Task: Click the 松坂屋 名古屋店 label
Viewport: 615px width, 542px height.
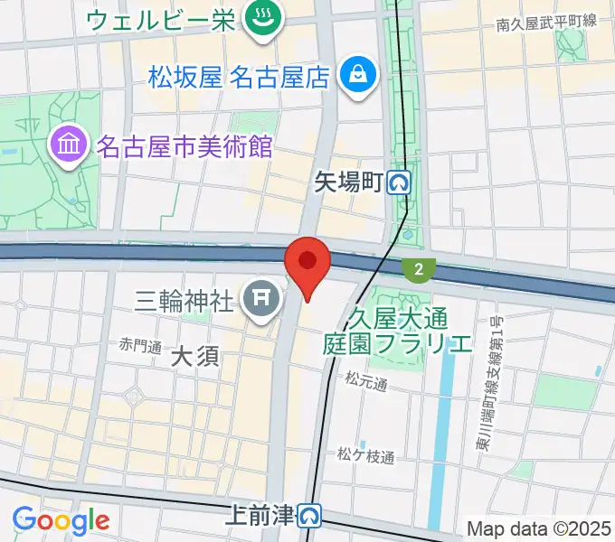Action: (238, 77)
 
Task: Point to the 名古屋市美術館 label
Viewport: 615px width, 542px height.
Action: (184, 145)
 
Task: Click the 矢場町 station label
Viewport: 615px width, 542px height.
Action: (348, 183)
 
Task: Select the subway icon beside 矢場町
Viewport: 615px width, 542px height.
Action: (399, 184)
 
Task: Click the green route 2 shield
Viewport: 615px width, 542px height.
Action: (418, 269)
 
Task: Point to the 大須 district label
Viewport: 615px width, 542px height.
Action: (194, 357)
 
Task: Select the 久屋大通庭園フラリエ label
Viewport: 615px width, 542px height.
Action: (398, 331)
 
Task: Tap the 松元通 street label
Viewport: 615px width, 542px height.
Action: (365, 384)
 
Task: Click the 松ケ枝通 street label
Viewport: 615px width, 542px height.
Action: (366, 457)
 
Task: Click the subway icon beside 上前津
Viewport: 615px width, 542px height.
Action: (311, 516)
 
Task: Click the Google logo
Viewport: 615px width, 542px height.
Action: (61, 519)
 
